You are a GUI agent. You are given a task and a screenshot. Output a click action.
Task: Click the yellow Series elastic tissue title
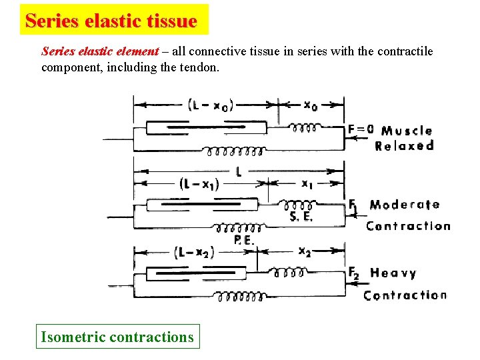tap(111, 21)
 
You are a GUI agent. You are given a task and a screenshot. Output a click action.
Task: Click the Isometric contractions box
tap(117, 337)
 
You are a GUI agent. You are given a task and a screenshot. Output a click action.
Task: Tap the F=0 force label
tap(361, 129)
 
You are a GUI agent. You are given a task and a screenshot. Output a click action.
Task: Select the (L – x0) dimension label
tap(211, 105)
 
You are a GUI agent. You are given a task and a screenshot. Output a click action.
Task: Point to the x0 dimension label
tap(310, 105)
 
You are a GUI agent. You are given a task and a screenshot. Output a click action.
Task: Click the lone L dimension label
tap(239, 171)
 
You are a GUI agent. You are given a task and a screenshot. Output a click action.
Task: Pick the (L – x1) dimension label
tap(199, 185)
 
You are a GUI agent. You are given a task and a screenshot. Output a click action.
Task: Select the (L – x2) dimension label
tap(195, 252)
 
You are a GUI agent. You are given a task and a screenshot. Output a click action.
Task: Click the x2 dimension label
tap(305, 251)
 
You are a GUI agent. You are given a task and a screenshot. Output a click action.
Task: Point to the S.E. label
tap(301, 216)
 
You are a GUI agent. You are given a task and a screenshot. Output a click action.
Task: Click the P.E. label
tap(243, 240)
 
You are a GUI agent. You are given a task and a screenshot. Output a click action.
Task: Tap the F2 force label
tap(354, 272)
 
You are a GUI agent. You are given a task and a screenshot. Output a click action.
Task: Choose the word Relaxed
tap(405, 146)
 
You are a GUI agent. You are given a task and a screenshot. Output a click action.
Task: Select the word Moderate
tap(405, 205)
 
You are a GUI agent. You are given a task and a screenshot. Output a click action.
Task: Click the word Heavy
tap(393, 273)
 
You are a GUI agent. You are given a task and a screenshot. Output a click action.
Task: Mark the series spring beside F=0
tap(305, 126)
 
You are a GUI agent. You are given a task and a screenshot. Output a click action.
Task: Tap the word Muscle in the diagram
tap(407, 131)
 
